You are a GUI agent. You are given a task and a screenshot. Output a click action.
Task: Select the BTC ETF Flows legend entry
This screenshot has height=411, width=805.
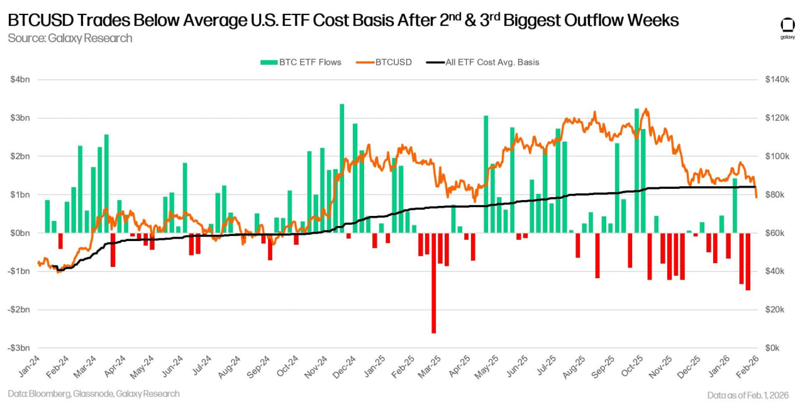point(301,62)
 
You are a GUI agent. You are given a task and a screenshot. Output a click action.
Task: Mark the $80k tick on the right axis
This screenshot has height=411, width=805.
point(775,194)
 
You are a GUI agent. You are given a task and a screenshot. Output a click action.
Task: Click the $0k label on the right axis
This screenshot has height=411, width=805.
point(772,348)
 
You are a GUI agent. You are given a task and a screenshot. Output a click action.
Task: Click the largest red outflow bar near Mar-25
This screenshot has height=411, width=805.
point(433,283)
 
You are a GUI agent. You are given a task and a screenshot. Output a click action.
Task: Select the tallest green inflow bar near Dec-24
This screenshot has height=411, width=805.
point(341,168)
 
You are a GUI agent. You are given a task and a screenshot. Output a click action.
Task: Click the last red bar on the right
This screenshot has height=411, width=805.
point(748,261)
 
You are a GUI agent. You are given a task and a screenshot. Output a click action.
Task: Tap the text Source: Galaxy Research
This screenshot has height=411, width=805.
point(70,38)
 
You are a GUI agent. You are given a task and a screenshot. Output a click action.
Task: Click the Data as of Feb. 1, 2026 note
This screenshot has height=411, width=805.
point(747,395)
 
